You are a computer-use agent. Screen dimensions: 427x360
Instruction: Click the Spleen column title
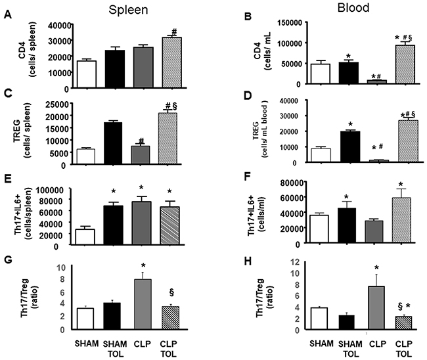128,10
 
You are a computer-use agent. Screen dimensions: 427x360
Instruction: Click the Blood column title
353,8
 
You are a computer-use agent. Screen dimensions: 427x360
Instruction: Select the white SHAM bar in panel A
87,74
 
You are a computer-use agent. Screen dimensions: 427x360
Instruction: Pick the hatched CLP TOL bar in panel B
405,64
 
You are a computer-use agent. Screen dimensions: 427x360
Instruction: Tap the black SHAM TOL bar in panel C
113,143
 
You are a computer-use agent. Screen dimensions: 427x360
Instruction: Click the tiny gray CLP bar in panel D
379,161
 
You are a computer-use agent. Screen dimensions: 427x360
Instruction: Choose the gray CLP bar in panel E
142,223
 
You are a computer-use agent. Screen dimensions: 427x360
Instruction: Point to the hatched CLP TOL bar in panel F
401,220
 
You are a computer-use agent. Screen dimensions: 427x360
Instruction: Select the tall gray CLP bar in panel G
143,304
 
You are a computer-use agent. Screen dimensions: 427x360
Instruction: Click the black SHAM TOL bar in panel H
346,323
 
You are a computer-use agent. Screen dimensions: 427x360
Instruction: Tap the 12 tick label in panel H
295,263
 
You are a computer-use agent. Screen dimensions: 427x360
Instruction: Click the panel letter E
8,179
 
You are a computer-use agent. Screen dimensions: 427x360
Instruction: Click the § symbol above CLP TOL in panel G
171,292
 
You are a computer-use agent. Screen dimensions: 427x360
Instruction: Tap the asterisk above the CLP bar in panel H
376,268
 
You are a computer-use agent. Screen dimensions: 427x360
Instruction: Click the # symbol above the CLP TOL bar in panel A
174,32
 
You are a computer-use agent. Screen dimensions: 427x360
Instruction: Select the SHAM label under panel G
87,344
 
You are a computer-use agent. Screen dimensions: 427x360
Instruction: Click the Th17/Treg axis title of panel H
263,298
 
